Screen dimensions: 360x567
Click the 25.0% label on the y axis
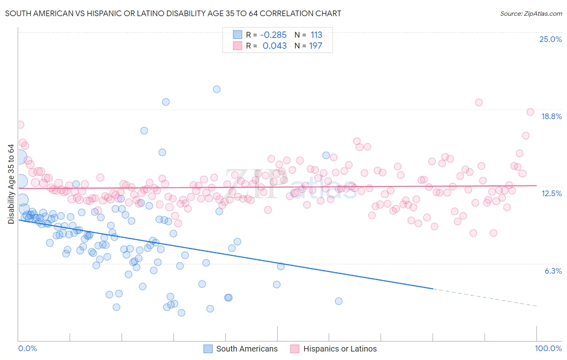point(550,40)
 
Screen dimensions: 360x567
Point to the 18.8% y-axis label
point(551,117)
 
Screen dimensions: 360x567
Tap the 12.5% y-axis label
point(551,194)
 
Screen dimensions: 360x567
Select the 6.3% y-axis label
point(553,271)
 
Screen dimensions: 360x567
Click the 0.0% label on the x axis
point(27,349)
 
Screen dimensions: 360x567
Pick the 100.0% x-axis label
point(548,349)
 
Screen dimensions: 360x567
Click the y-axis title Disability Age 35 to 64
point(11,184)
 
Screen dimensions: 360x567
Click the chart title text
point(173,14)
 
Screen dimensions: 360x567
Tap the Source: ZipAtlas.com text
point(531,14)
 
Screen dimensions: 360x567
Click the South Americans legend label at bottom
point(247,349)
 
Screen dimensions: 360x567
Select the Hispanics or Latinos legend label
point(340,349)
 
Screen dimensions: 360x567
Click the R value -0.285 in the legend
point(273,35)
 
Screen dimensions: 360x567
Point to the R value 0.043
point(275,46)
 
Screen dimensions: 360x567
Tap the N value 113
point(316,35)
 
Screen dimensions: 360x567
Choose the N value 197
point(315,46)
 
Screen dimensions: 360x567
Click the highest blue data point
point(217,89)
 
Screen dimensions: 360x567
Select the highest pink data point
point(479,102)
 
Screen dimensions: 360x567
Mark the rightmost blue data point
point(339,301)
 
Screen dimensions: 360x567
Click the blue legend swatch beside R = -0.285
point(238,35)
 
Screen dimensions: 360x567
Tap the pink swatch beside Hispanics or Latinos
point(295,349)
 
